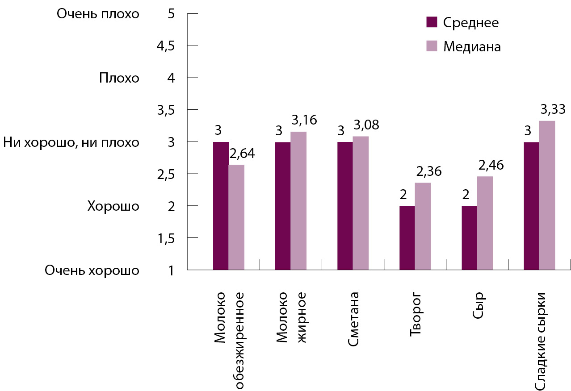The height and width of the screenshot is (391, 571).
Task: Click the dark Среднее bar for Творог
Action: [407, 238]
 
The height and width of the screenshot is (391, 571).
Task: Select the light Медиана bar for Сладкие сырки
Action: [547, 195]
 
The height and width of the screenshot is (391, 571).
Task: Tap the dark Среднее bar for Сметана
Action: [345, 206]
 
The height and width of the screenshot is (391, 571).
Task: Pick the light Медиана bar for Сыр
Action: [485, 223]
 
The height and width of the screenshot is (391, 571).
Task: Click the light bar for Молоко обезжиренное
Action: [236, 217]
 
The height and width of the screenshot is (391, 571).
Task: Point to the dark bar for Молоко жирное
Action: [283, 206]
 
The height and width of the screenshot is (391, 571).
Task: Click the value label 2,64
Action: [241, 154]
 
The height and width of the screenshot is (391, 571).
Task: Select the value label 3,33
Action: [553, 109]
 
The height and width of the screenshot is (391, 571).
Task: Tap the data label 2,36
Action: [428, 171]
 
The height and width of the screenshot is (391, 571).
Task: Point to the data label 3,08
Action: [366, 125]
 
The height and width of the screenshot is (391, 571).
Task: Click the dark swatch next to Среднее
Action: [431, 22]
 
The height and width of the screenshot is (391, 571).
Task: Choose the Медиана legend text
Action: [472, 46]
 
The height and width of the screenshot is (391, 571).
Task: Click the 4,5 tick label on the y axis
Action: [165, 46]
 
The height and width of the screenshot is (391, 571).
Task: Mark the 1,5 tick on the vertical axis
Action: [165, 238]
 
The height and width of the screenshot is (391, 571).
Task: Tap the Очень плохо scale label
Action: [98, 14]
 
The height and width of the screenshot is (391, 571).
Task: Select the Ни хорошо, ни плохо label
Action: [71, 142]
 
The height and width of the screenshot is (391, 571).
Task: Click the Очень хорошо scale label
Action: [92, 270]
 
